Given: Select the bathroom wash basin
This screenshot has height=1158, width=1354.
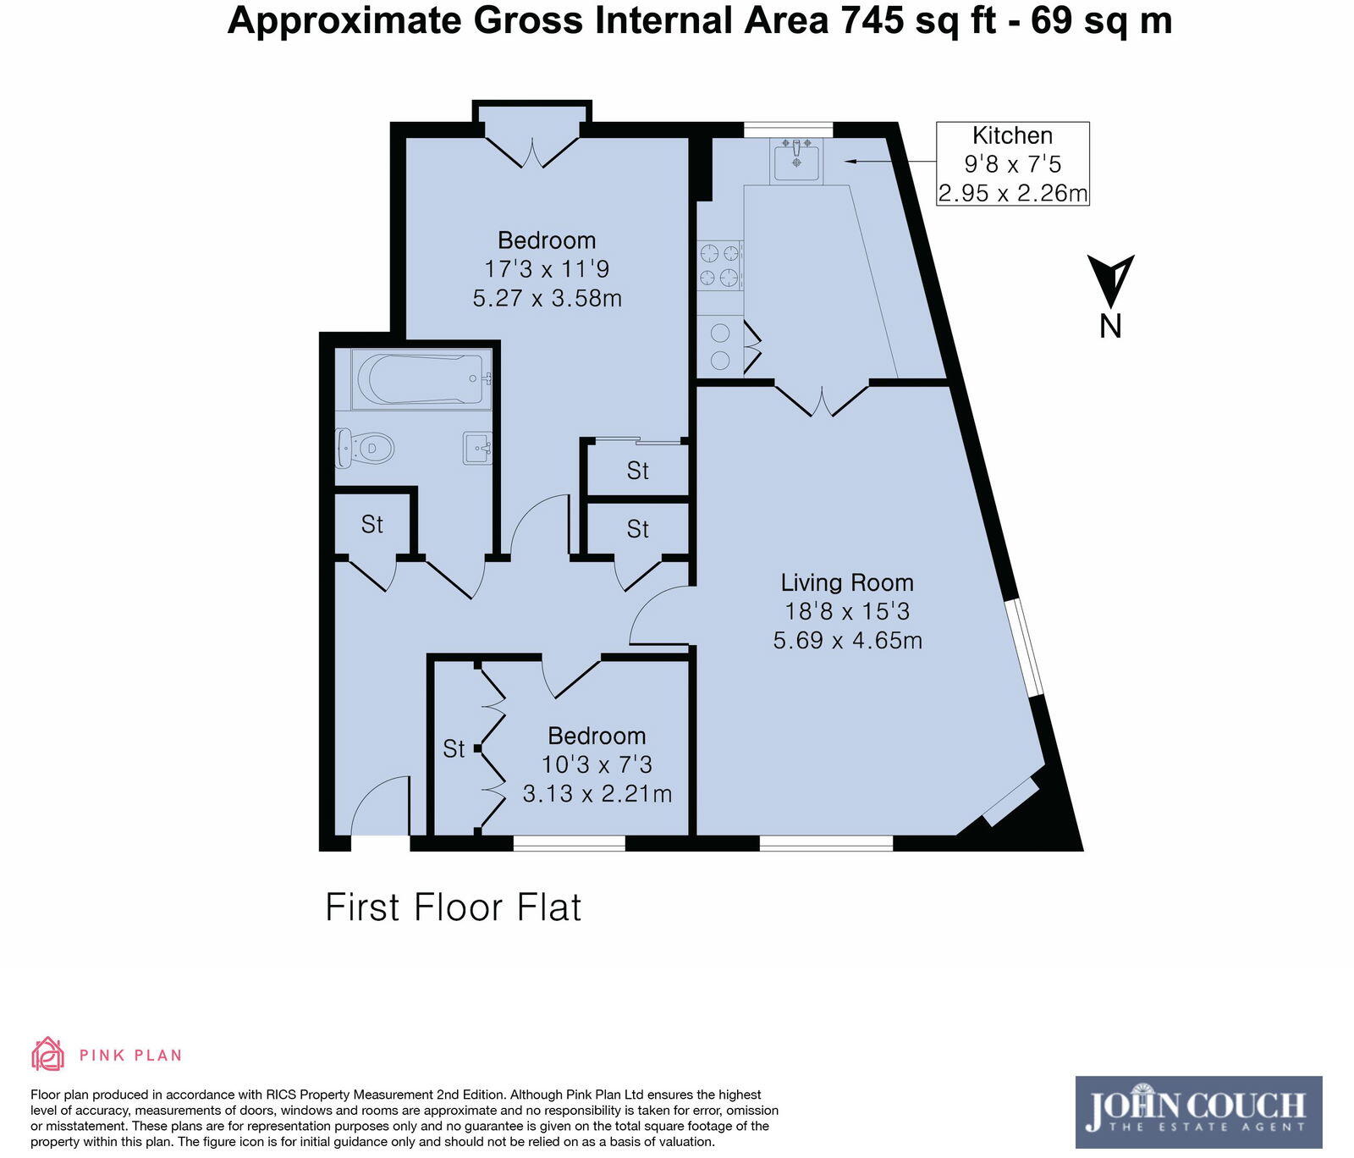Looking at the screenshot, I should point(477,447).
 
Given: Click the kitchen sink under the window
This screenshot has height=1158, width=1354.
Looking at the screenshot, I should point(795,160).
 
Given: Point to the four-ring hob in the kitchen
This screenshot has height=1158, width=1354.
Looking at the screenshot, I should point(719,265).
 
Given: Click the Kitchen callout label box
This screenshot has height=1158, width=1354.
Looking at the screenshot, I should point(1012,164).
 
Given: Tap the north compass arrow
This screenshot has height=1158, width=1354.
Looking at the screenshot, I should point(1110,280).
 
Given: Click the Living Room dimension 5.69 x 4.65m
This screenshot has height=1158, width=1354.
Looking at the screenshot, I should point(847,640).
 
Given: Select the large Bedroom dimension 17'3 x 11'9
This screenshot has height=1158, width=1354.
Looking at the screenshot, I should point(547,269).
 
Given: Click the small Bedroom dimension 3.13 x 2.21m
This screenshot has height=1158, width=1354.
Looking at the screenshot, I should point(597,794).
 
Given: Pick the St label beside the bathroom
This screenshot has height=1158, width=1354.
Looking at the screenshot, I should point(372,525).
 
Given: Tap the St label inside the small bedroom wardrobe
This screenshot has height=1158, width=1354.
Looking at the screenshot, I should point(454,749).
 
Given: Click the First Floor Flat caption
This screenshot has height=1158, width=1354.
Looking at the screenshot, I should point(454,907).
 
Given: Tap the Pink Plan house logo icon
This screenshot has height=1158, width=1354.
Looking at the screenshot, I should point(48,1054).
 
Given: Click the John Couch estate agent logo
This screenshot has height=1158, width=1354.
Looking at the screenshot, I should point(1197,1111).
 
